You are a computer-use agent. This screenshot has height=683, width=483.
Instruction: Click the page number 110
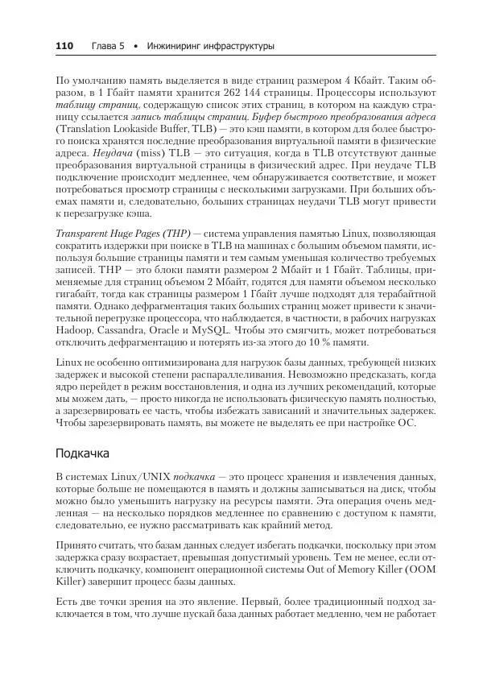click(64, 47)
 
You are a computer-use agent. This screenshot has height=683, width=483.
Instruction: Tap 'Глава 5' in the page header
click(108, 47)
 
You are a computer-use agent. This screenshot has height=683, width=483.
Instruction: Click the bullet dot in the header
click(138, 47)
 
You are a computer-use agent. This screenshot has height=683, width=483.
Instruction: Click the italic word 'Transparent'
click(82, 232)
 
